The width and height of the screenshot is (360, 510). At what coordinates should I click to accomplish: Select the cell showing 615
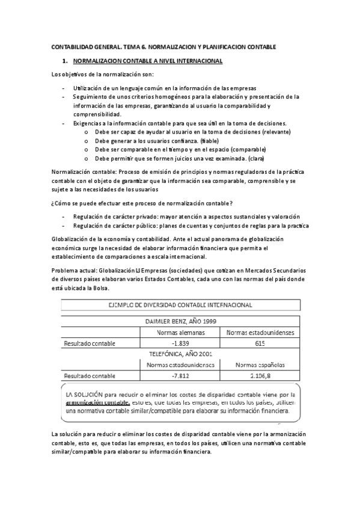point(260,343)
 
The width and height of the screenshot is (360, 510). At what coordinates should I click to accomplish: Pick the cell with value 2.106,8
point(260,375)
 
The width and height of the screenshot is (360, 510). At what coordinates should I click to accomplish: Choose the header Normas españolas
point(260,364)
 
